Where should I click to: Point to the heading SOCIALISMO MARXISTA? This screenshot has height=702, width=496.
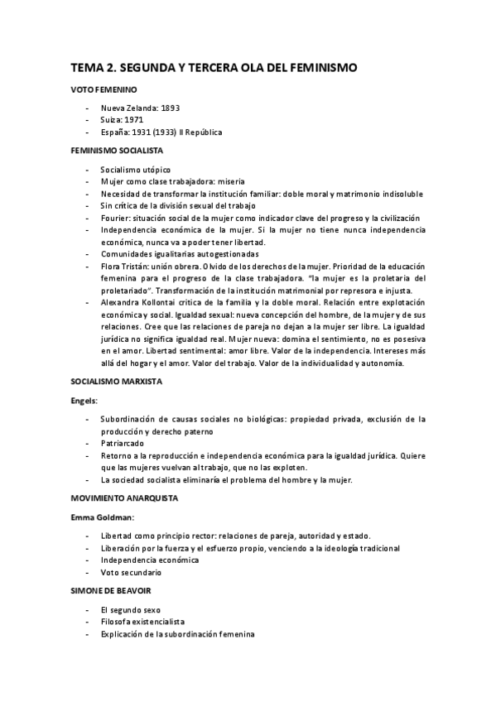click(115, 382)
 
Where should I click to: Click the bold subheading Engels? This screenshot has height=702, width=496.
click(84, 401)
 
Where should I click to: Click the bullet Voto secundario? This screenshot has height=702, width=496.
click(131, 572)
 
